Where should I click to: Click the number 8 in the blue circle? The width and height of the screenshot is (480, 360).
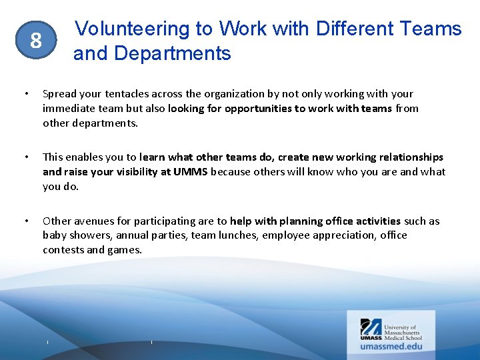tap(35, 41)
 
